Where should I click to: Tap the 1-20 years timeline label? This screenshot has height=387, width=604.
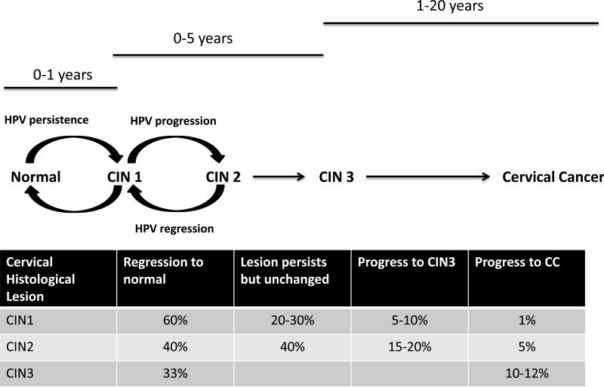point(449,7)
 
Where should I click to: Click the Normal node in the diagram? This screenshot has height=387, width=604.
point(35,177)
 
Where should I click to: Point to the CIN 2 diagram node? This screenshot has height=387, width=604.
point(223,177)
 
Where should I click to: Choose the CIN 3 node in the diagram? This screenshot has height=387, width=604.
point(335,177)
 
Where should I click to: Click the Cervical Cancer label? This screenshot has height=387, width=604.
point(553,177)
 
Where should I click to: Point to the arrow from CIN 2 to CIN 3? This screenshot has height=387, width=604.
point(279,178)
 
